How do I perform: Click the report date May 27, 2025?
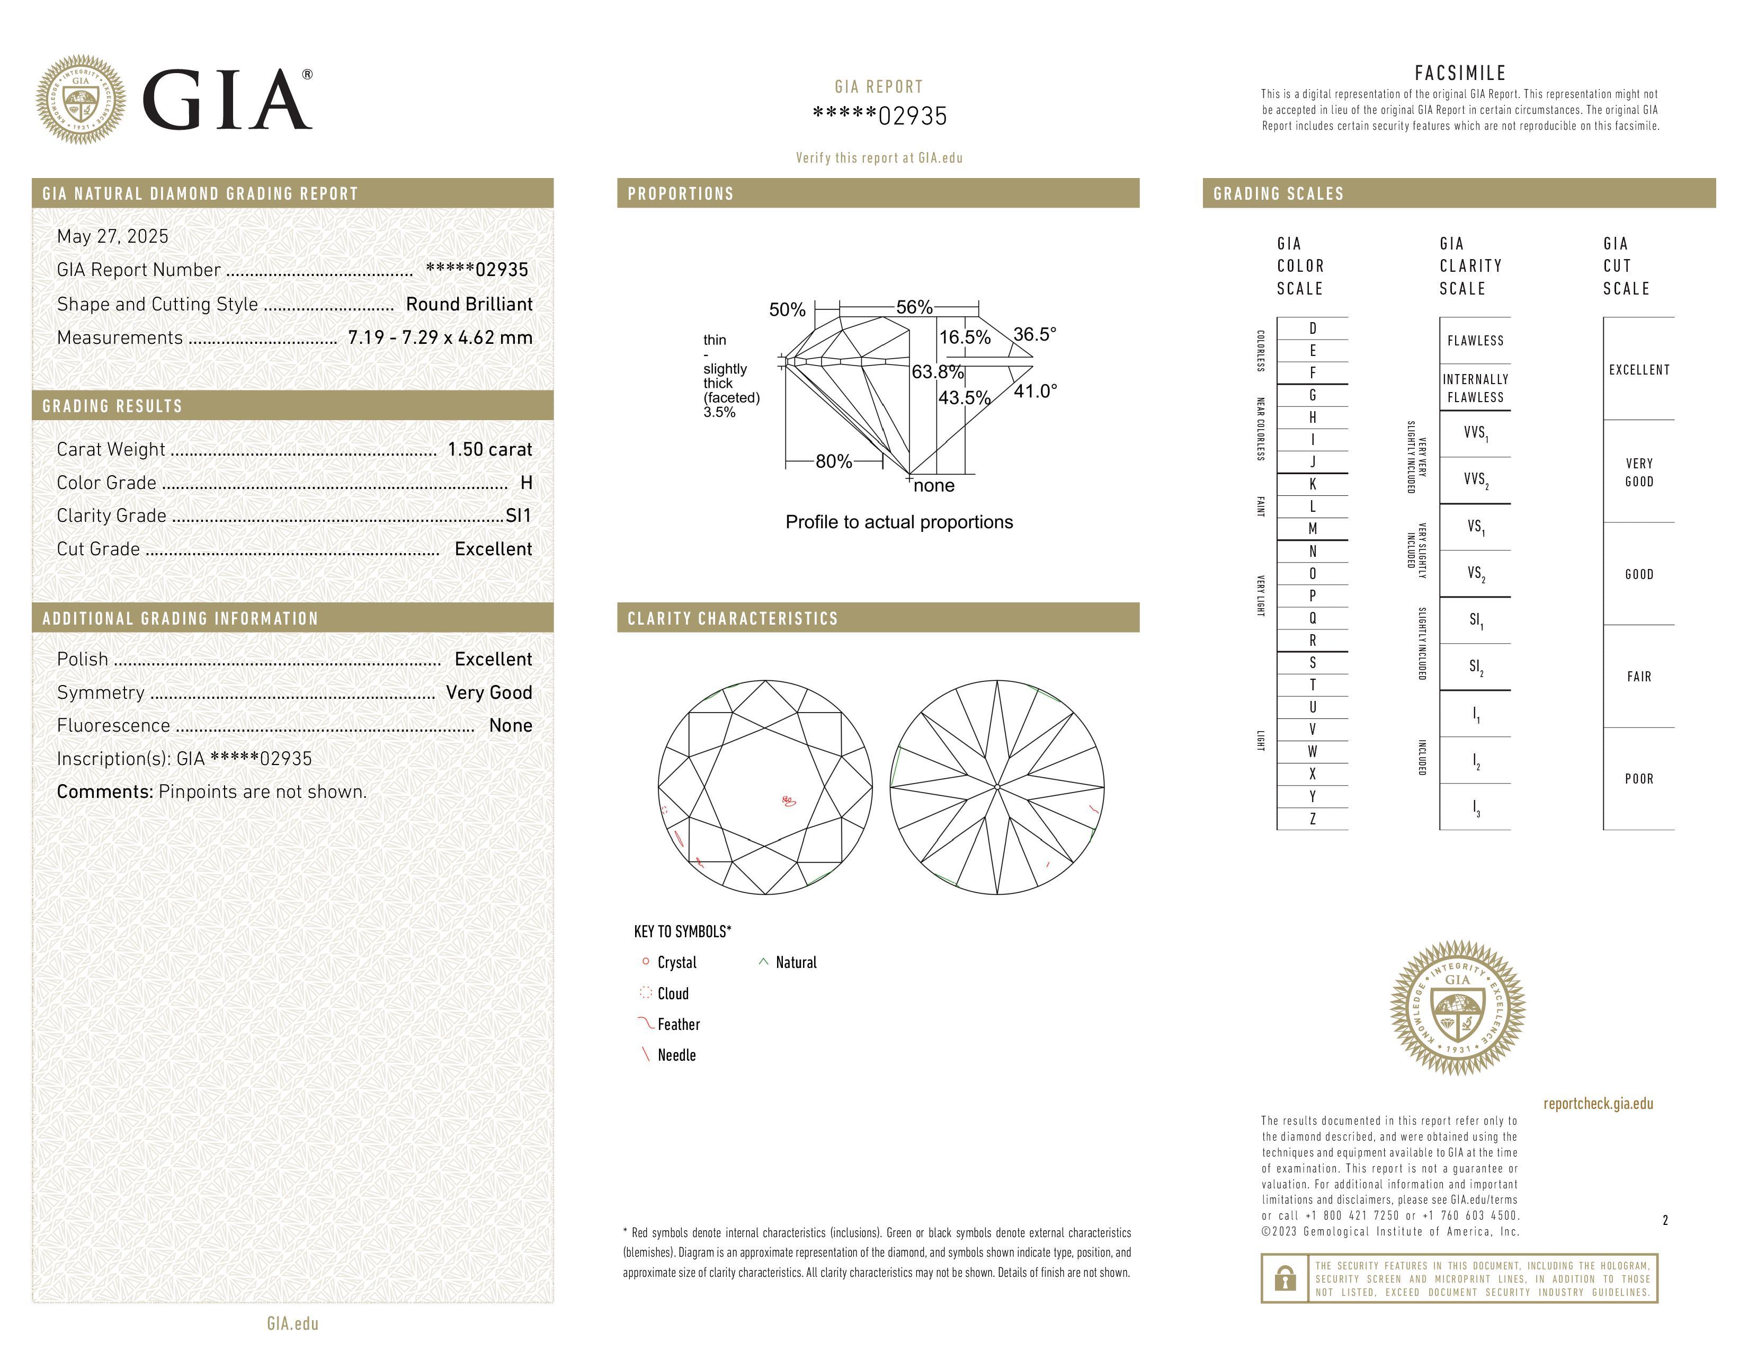coord(113,236)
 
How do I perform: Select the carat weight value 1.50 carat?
coord(489,449)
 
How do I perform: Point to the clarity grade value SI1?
coord(518,515)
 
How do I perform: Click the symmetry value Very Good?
coord(489,692)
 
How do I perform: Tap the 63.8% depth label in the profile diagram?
coord(937,372)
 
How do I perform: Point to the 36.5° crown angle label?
coord(1035,334)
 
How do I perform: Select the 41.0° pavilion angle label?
coord(1035,392)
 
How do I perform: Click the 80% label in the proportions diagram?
coord(833,462)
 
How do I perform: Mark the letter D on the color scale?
coord(1313,328)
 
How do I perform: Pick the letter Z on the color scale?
coord(1313,819)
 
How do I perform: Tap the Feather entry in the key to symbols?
coord(678,1025)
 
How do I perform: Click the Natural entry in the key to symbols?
coord(796,963)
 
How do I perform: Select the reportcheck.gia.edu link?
coord(1598,1104)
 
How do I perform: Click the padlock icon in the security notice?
coord(1285,1278)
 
